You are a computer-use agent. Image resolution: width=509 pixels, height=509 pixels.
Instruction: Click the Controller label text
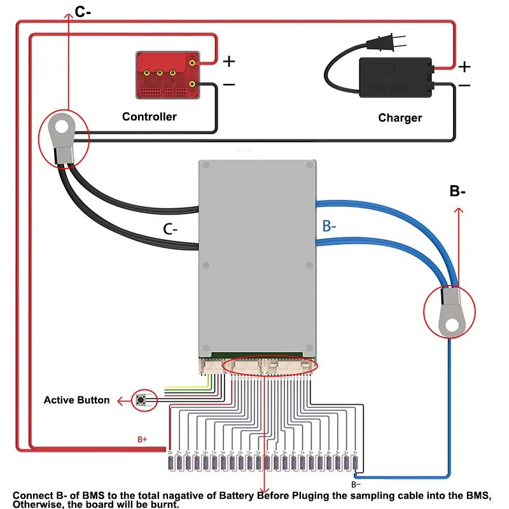coord(149,116)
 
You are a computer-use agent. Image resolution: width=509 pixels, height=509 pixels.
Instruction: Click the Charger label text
coord(400,118)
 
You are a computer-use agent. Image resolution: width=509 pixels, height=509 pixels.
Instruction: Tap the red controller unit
coord(167,74)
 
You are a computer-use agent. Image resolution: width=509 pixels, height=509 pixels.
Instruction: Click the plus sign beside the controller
coord(228,62)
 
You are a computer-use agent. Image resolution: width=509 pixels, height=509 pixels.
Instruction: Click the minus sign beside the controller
coord(228,84)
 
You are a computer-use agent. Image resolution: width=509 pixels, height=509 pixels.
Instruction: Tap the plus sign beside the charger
coord(465,67)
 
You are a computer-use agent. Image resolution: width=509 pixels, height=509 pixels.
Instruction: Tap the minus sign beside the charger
coord(465,85)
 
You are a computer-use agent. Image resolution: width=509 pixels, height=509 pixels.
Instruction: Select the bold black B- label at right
coord(457,191)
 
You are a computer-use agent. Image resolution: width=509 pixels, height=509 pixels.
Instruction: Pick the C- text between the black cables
coord(171,229)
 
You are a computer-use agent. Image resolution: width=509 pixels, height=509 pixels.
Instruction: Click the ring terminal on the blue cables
coord(449,314)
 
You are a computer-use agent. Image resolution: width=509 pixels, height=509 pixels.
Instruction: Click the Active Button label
coord(76,400)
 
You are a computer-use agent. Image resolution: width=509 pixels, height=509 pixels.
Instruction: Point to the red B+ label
coord(143,439)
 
